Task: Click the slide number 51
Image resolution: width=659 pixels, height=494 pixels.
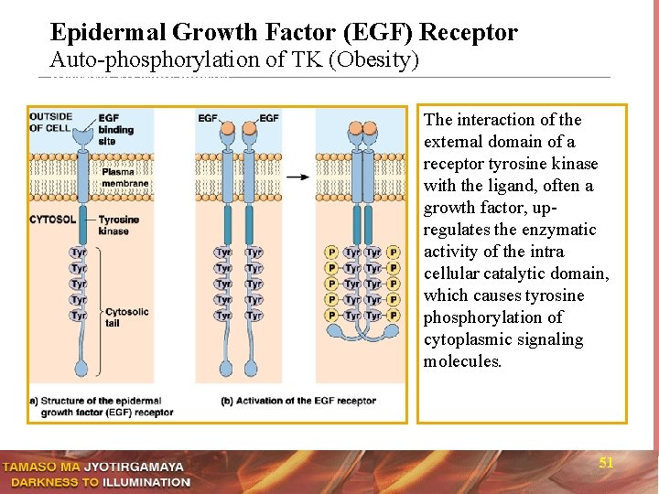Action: click(606, 463)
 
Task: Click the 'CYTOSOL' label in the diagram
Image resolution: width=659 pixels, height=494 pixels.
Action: click(52, 220)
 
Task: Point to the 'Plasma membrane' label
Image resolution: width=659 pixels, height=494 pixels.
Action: click(118, 177)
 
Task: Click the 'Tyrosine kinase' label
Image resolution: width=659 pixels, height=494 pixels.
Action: click(118, 225)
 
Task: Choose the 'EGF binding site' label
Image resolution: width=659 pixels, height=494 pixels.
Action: click(115, 129)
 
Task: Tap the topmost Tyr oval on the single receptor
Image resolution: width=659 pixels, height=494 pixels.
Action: click(80, 252)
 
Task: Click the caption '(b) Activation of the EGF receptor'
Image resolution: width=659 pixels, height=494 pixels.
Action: click(298, 401)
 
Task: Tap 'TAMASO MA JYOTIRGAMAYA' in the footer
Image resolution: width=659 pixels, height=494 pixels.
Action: click(93, 467)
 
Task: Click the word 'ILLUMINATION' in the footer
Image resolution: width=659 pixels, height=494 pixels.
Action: click(146, 482)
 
